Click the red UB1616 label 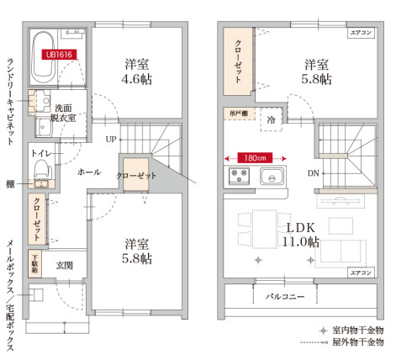pos(59,56)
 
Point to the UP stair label pos(111,139)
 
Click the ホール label pos(88,172)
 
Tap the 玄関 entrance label pos(65,265)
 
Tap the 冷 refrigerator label pos(272,121)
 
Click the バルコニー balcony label pos(286,296)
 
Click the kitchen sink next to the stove pos(273,177)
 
